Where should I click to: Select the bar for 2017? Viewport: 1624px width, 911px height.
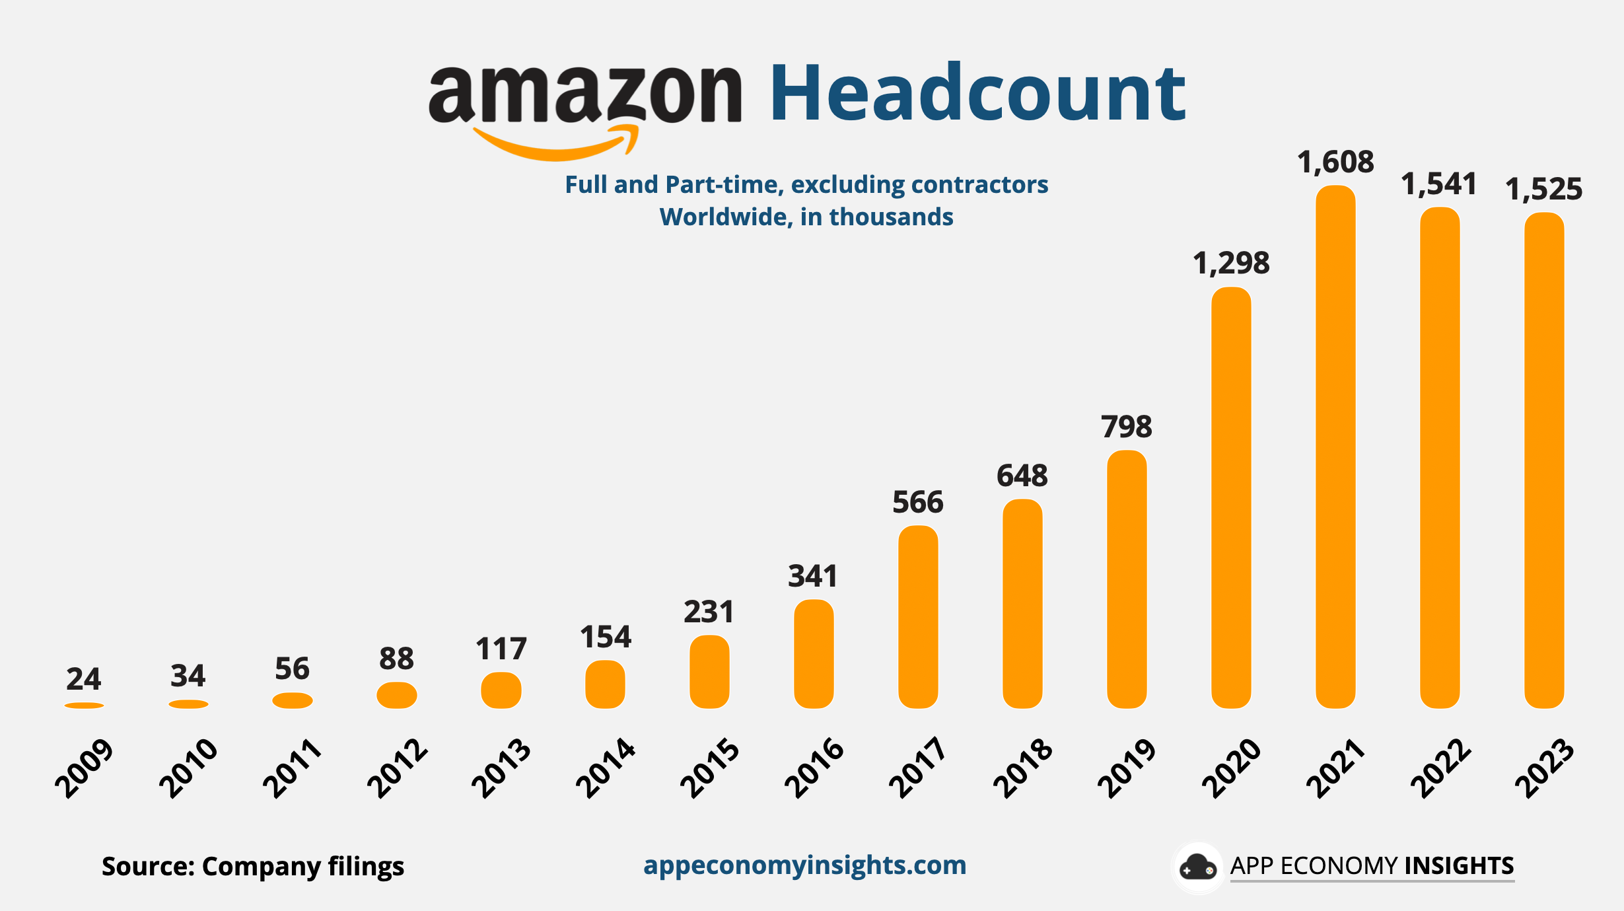coord(918,617)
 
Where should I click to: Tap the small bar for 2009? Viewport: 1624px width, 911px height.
coord(84,706)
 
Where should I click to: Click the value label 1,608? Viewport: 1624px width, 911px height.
coord(1335,163)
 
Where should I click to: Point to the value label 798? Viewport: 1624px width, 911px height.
coord(1127,427)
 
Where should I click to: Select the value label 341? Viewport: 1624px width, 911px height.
coord(813,576)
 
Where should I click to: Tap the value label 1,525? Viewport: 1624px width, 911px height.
coord(1544,190)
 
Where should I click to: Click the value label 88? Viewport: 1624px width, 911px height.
coord(396,659)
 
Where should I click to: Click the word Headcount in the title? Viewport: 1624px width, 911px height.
coord(977,94)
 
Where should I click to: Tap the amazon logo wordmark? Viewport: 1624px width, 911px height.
coord(585,94)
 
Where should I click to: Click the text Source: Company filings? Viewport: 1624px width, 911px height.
coord(252,866)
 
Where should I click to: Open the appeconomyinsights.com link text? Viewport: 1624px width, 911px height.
coord(804,865)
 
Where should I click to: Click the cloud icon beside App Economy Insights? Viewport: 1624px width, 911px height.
coord(1197,867)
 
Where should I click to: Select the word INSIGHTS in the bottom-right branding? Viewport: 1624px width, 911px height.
coord(1459,865)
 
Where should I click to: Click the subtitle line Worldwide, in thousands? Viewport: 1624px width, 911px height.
coord(806,217)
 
